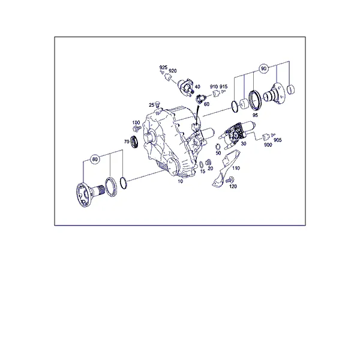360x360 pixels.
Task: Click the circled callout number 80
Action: coord(95,159)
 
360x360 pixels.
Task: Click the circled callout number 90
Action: coord(263,68)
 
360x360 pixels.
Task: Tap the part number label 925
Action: coord(163,67)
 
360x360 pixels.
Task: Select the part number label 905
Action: coord(278,140)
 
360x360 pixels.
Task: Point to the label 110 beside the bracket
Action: coord(236,168)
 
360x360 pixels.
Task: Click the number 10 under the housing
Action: coord(180,181)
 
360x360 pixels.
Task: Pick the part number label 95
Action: coord(255,115)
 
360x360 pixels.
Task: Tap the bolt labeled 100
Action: coord(137,128)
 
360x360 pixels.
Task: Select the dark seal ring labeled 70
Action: coord(134,142)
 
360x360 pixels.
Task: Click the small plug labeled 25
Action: coord(157,104)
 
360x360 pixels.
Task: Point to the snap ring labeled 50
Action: coord(218,146)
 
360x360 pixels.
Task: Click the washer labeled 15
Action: coord(202,164)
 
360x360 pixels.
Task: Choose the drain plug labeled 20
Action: coord(208,162)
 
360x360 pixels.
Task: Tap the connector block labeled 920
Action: coord(169,77)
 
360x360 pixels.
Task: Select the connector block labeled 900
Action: coord(266,137)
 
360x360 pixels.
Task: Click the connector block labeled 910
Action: coord(216,94)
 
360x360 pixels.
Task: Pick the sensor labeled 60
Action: coord(199,99)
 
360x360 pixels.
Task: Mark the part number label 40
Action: coord(197,86)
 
